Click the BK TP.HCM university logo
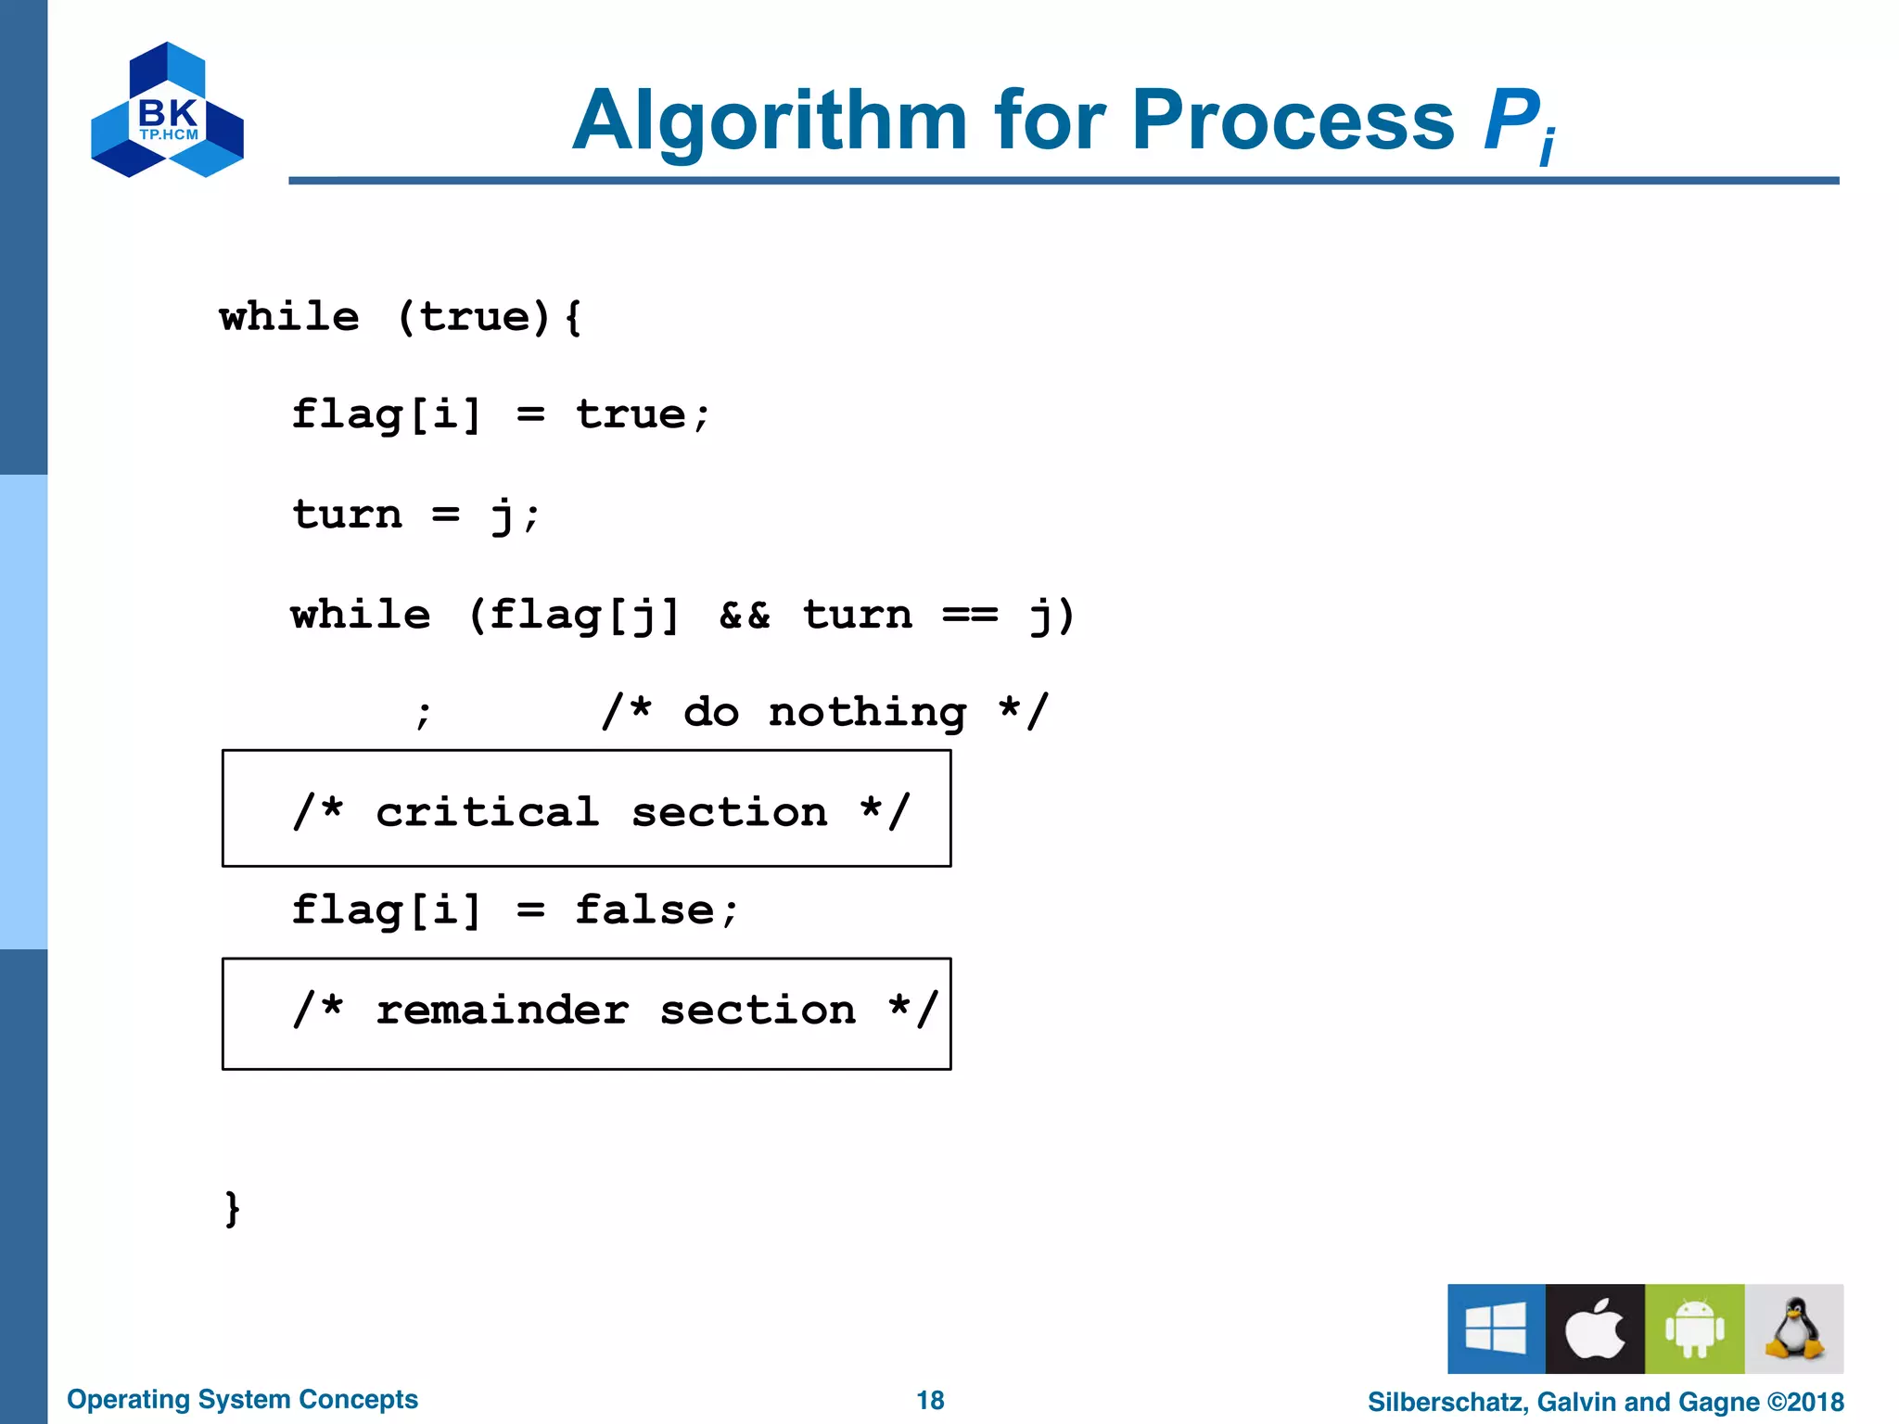coord(167,110)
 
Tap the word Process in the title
coord(1293,121)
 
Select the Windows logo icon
coord(1496,1328)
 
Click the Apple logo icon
coord(1595,1328)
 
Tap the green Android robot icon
coord(1694,1328)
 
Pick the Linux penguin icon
coord(1794,1328)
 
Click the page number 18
coord(930,1400)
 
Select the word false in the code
coord(644,909)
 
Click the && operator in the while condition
coord(745,615)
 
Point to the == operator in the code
coord(970,615)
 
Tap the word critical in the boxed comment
coord(488,812)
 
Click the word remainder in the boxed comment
coord(503,1010)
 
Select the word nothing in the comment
coord(867,712)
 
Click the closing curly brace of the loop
coord(232,1208)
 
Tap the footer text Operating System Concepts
coord(242,1399)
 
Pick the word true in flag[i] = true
coord(631,414)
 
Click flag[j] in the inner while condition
coord(584,615)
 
